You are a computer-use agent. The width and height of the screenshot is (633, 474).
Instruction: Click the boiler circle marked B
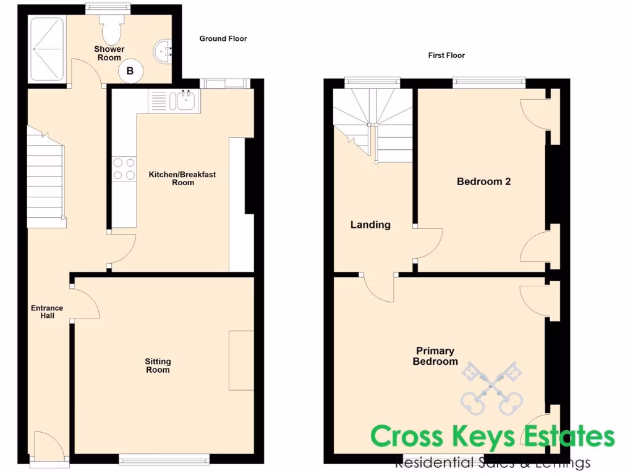(130, 71)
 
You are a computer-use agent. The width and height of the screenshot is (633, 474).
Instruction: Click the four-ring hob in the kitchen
(124, 168)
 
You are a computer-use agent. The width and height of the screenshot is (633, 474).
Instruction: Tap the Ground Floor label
(223, 39)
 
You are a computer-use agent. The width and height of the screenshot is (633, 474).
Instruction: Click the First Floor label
(446, 56)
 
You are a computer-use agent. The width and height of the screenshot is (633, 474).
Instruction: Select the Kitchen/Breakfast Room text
(182, 178)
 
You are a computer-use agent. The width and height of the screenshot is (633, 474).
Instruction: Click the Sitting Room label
(158, 365)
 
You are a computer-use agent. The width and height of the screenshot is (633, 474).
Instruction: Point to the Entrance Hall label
(48, 312)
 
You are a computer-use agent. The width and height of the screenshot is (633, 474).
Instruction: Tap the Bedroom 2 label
(483, 181)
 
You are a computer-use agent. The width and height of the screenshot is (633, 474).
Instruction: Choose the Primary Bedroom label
(435, 357)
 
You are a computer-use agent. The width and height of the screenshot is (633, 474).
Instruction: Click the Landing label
(370, 225)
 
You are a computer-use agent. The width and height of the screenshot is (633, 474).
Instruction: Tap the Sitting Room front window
(164, 459)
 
